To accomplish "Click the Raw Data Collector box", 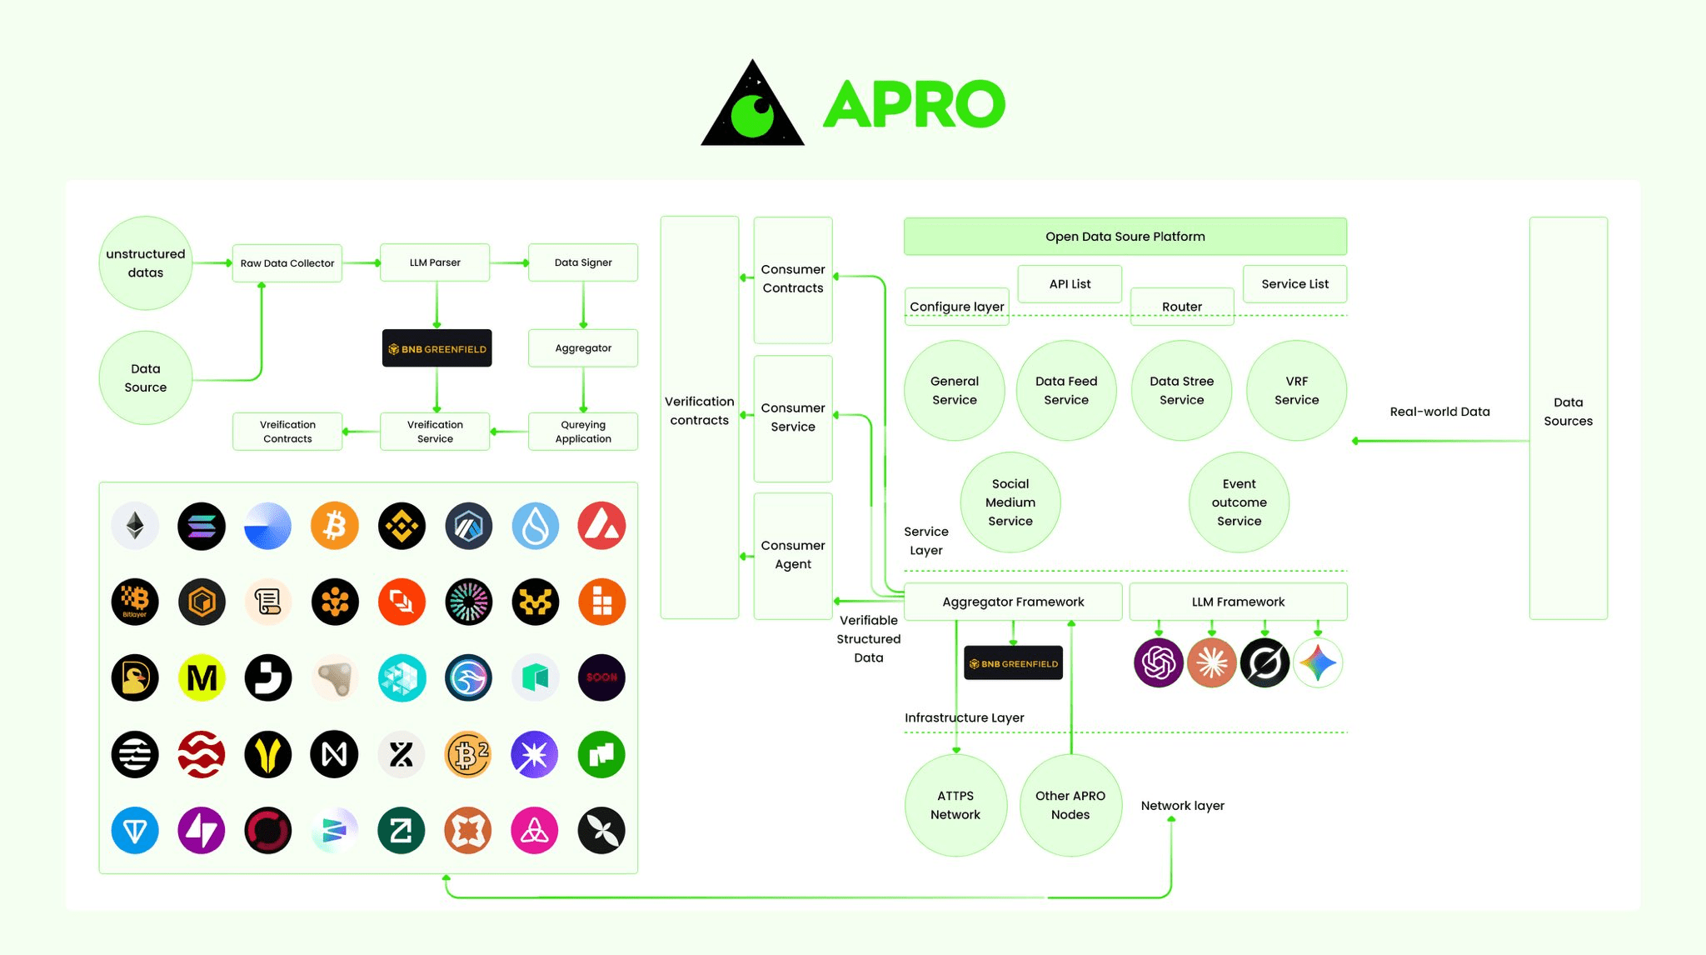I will [287, 263].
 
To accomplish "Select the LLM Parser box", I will [435, 262].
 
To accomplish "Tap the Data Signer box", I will [583, 262].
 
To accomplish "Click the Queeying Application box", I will [583, 432].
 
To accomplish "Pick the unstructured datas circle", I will [146, 263].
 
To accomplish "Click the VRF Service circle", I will [1296, 391].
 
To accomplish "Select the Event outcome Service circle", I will [1239, 502].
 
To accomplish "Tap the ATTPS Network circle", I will [955, 805].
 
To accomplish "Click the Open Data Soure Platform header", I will [1125, 237].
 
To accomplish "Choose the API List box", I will [1070, 284].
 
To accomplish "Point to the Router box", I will [1181, 307].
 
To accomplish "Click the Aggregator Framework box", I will [1013, 602].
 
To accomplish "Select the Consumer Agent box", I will [793, 555].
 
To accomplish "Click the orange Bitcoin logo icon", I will [335, 526].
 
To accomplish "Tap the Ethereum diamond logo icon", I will [135, 526].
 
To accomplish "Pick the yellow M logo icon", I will [202, 677].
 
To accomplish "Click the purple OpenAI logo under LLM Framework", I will [1158, 663].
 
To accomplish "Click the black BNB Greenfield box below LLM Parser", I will [436, 348].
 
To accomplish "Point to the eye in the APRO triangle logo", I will [753, 115].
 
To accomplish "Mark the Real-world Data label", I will [1439, 412].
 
